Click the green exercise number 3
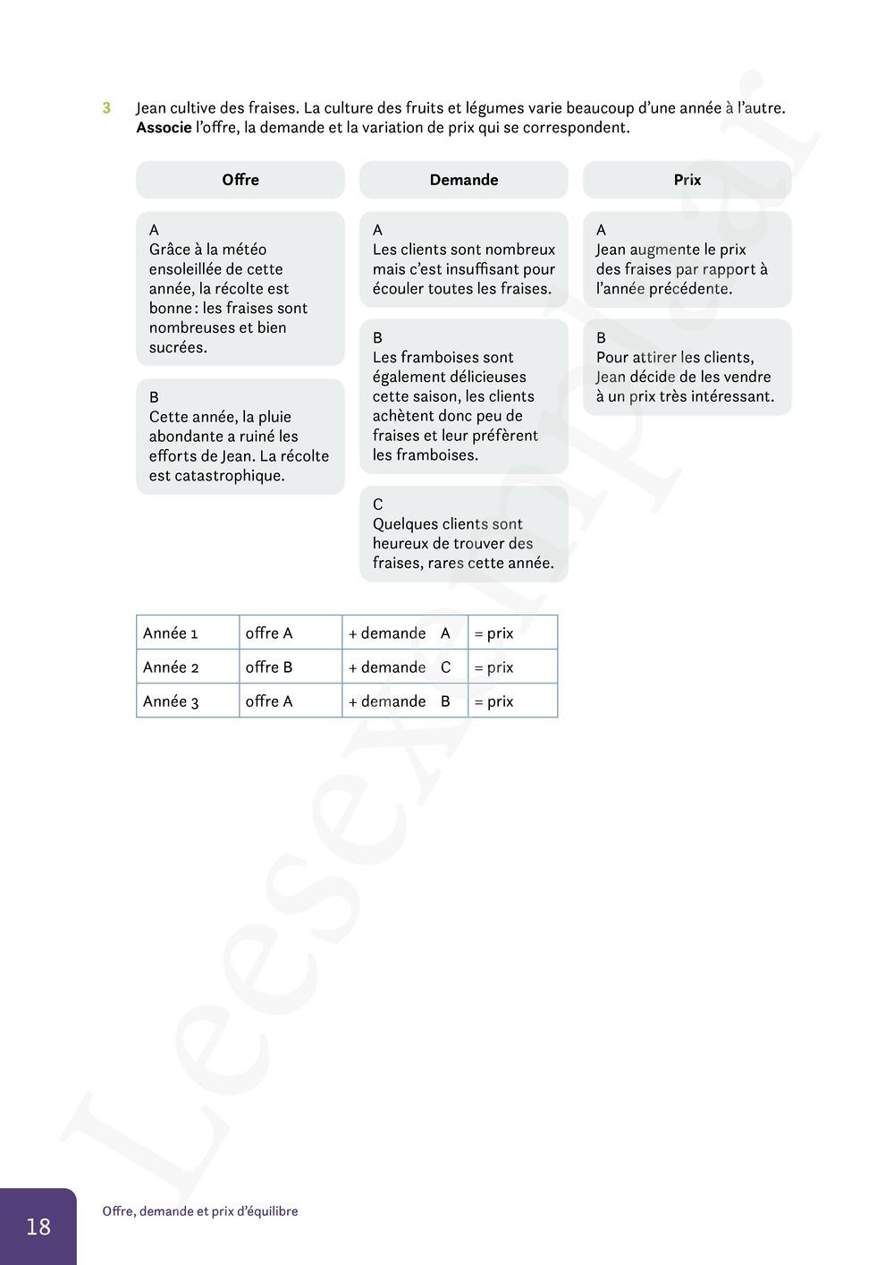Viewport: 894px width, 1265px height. [x=106, y=108]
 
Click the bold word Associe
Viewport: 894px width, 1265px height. [x=164, y=128]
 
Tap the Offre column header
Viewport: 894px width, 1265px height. [x=240, y=180]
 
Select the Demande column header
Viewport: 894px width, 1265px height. [x=464, y=180]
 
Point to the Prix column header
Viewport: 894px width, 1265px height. [x=687, y=180]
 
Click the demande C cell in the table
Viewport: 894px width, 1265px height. [x=404, y=667]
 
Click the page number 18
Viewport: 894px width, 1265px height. [x=38, y=1227]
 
